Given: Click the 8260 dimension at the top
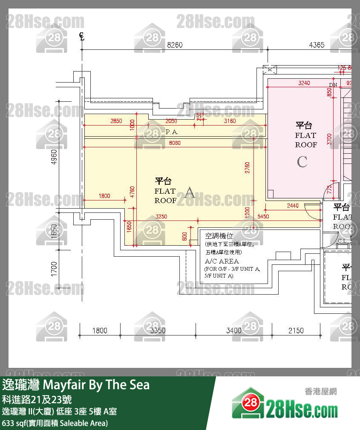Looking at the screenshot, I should (x=175, y=45).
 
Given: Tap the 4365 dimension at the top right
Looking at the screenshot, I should (x=317, y=45).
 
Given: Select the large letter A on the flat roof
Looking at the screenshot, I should (x=189, y=193).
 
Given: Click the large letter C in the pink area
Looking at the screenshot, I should (x=302, y=162).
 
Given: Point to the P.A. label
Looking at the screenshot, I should (x=172, y=132).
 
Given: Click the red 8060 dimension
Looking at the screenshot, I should (x=175, y=143).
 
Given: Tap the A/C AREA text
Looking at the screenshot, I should (x=222, y=261).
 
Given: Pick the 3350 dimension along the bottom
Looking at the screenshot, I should (x=158, y=330).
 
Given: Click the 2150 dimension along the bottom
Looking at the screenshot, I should (x=296, y=330).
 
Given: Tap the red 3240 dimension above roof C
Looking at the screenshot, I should (x=304, y=83).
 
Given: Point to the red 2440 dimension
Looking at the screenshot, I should (x=292, y=206).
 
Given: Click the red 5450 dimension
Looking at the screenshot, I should (x=264, y=217).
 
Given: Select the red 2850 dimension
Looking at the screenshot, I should (x=116, y=121).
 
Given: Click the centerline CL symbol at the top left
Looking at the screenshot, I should (x=82, y=37).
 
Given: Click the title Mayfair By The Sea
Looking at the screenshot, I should (x=96, y=385).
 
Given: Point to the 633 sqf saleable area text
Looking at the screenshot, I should (x=55, y=423).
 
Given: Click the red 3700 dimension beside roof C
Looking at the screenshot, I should (x=329, y=139).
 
